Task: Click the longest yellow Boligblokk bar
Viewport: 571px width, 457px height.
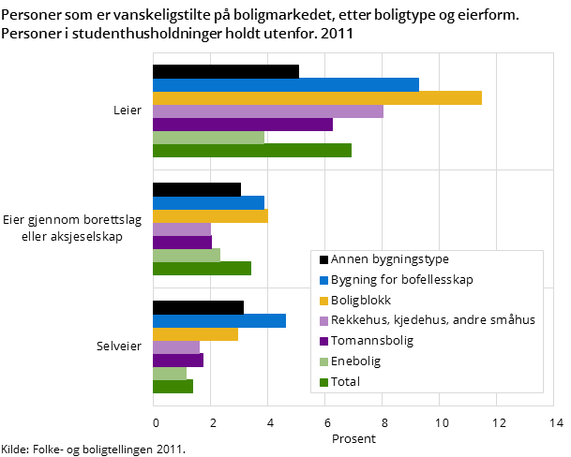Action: click(317, 98)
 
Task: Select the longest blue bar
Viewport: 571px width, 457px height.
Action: click(286, 85)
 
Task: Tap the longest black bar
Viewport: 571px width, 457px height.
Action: click(226, 72)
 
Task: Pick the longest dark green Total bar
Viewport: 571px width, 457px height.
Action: click(252, 151)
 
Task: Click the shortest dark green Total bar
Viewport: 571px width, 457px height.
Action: click(173, 387)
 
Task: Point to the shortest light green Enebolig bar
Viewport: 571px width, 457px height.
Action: click(170, 374)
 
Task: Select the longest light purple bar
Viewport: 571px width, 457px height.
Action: click(268, 111)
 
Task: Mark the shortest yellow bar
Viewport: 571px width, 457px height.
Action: click(195, 334)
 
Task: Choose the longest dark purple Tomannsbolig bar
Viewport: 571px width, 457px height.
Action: click(243, 125)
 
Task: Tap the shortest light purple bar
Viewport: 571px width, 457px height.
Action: click(176, 347)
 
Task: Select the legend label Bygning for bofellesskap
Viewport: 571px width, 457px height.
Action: click(402, 280)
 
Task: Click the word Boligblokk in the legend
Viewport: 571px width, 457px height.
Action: click(361, 301)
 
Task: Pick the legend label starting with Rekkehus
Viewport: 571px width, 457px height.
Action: click(433, 320)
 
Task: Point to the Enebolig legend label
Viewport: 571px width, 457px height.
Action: click(356, 361)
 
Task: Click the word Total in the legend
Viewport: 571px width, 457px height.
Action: click(345, 382)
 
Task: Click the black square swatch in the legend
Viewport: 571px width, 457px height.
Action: click(323, 260)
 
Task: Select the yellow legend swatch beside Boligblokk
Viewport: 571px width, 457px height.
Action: click(323, 301)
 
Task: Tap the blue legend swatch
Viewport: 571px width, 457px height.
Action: click(323, 280)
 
